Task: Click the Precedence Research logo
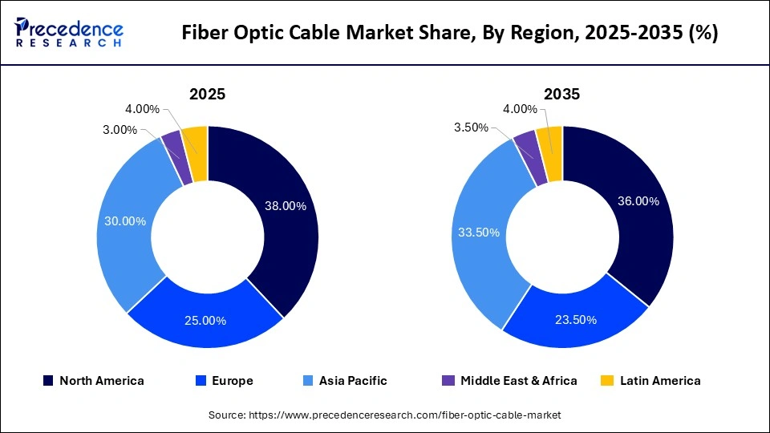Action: pyautogui.click(x=69, y=33)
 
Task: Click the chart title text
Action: pyautogui.click(x=450, y=33)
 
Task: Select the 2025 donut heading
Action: pyautogui.click(x=207, y=94)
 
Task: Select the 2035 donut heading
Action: pyautogui.click(x=561, y=94)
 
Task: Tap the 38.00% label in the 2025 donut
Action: pyautogui.click(x=286, y=206)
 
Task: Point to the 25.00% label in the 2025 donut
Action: pyautogui.click(x=205, y=321)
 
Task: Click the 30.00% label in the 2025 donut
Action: pyautogui.click(x=125, y=221)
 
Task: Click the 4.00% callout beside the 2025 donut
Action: pyautogui.click(x=142, y=109)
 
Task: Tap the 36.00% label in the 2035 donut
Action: pyautogui.click(x=638, y=201)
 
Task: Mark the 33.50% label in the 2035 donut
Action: pyautogui.click(x=479, y=233)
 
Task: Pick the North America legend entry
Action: pyautogui.click(x=94, y=381)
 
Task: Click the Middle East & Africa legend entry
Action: pyautogui.click(x=510, y=381)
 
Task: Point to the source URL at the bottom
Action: pyautogui.click(x=385, y=415)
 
